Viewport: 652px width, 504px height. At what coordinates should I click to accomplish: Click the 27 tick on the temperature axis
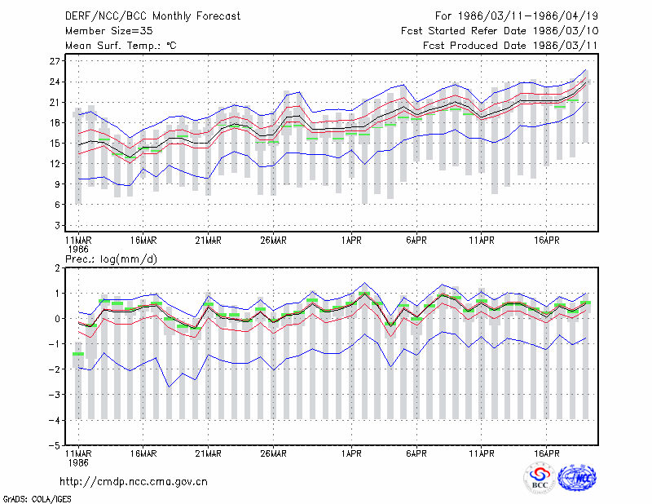coord(55,61)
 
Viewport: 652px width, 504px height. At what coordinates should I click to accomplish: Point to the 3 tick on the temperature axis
coord(57,225)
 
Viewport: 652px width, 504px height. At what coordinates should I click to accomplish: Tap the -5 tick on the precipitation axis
coord(55,445)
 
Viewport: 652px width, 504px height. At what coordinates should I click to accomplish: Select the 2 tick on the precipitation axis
coord(57,268)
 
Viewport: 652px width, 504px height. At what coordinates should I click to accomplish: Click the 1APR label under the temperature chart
coord(351,241)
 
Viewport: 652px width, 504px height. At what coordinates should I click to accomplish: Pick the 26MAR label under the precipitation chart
coord(273,453)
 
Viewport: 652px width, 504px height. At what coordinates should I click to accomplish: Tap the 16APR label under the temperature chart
coord(546,241)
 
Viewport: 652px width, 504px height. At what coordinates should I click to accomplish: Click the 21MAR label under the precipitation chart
coord(209,453)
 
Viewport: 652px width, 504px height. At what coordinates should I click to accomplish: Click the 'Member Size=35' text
coord(109,31)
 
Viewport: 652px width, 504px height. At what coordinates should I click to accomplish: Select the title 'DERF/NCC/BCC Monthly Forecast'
coord(152,16)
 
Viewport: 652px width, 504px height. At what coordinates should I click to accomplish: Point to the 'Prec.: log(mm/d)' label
coord(111,259)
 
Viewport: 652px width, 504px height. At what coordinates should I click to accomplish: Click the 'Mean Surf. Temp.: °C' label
coord(121,46)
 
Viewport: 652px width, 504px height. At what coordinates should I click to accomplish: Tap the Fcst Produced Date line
coord(510,46)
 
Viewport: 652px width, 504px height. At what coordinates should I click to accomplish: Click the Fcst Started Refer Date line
coord(500,31)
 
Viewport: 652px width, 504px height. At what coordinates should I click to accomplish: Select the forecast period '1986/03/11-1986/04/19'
coord(527,16)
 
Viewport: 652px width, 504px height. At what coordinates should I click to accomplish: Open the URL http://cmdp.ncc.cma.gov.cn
coord(134,482)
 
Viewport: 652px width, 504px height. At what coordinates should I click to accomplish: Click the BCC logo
coord(540,478)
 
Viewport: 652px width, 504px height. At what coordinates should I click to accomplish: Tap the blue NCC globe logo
coord(577,478)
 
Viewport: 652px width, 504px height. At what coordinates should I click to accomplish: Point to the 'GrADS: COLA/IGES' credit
coord(37,499)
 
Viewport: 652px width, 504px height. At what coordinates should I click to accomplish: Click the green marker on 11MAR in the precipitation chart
coord(78,354)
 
